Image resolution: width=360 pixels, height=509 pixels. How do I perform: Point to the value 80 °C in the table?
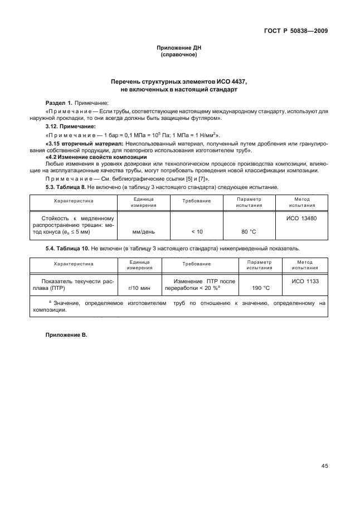pyautogui.click(x=249, y=231)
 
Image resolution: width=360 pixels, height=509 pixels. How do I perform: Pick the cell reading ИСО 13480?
pyautogui.click(x=301, y=218)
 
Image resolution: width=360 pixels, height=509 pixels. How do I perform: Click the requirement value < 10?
pyautogui.click(x=197, y=231)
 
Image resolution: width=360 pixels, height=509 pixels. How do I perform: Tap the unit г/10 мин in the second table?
pyautogui.click(x=139, y=288)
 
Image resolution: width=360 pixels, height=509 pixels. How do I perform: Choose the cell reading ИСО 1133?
pyautogui.click(x=305, y=282)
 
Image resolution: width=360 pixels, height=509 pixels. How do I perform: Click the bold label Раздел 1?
pyautogui.click(x=59, y=103)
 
